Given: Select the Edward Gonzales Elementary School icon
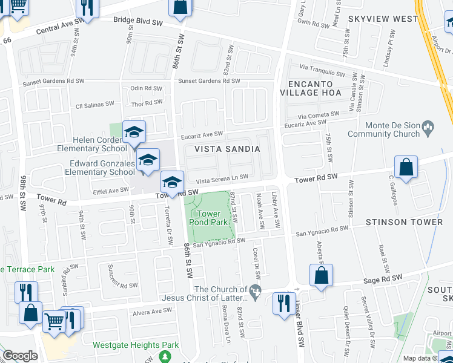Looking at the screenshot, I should point(147,161).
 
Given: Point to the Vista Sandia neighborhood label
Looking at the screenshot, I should point(227,149).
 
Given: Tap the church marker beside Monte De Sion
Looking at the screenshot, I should point(429,126).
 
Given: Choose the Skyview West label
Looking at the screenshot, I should point(383,19).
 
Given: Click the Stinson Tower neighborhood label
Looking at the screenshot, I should point(404,222).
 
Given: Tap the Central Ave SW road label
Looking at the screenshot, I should point(58,29).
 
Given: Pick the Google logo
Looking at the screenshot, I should point(20,356).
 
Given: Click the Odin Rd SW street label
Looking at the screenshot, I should point(147,88).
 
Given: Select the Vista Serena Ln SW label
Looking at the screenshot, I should point(222,178).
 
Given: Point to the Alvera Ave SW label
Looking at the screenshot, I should point(153,311).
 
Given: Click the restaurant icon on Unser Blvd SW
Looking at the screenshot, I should point(283,302).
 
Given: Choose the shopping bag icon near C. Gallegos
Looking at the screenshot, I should point(406,168).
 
